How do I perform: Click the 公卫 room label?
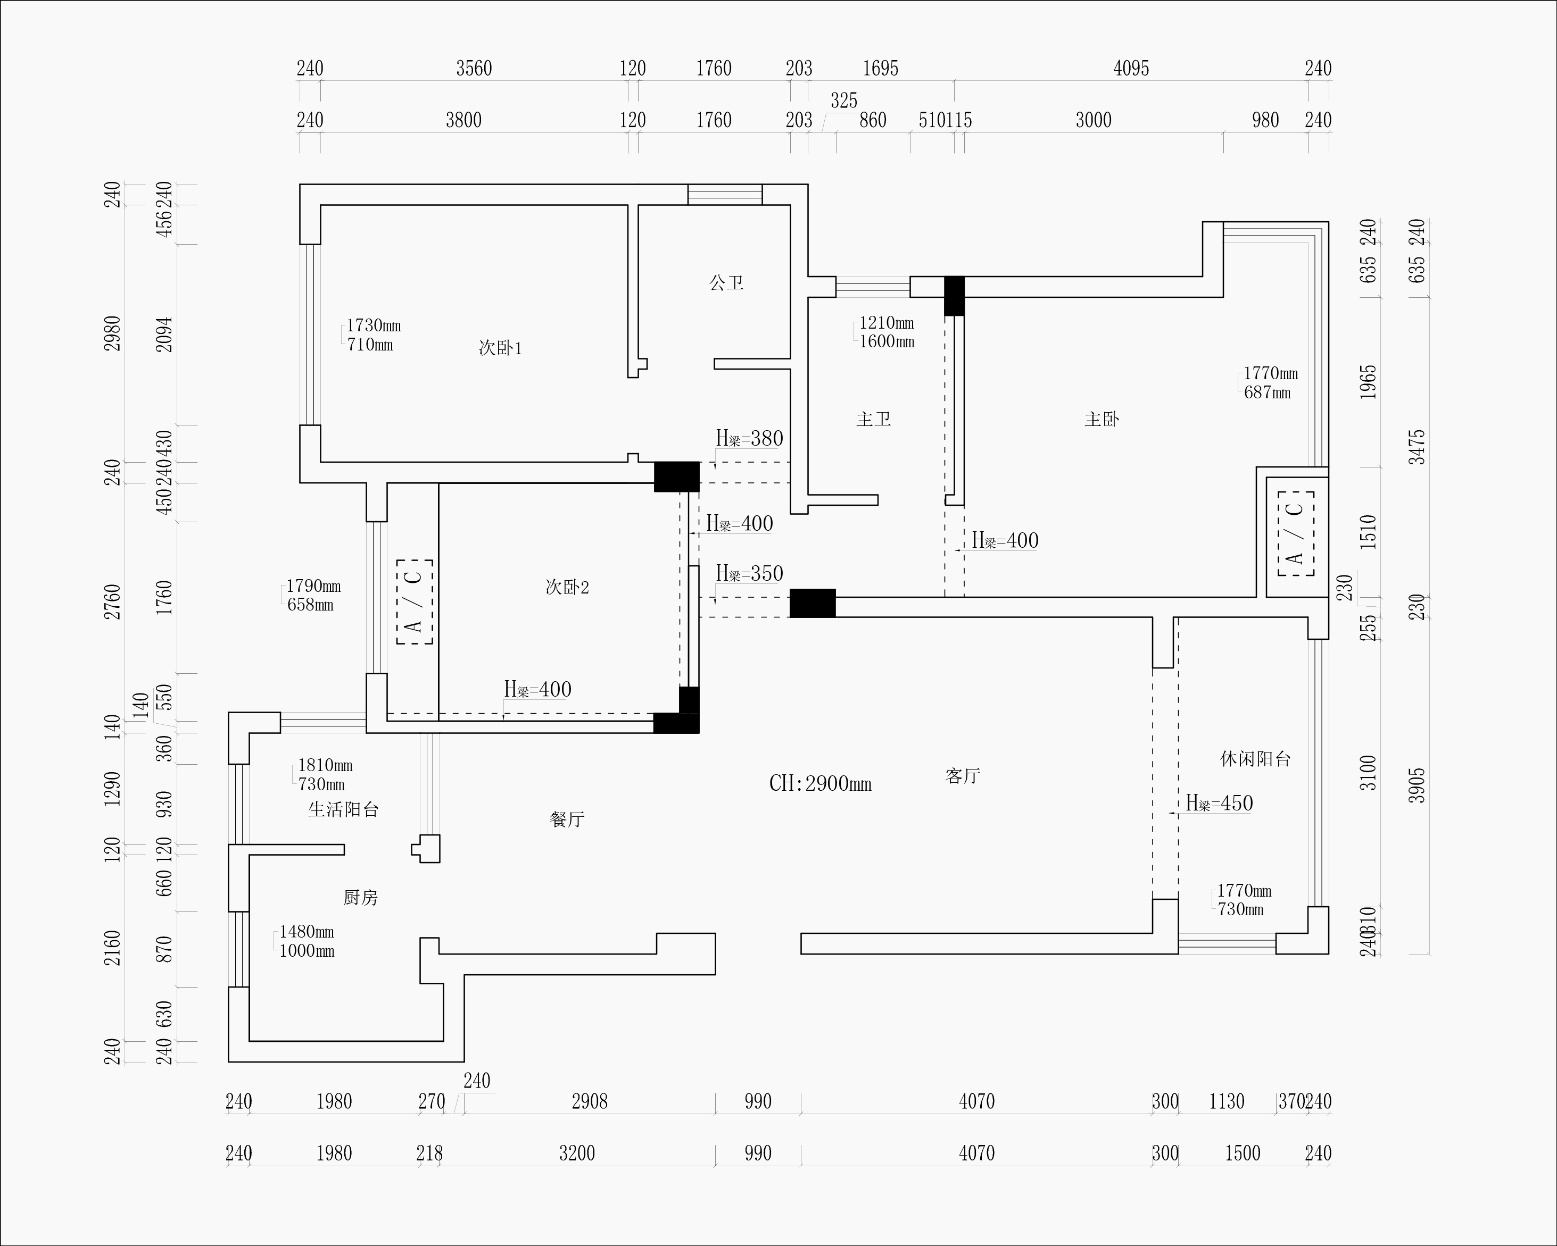pos(726,282)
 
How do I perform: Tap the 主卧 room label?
pos(1102,419)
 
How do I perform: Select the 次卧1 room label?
pos(500,348)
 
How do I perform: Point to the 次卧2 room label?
pos(567,587)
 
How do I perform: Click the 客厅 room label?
pos(963,776)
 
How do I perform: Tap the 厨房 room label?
pos(360,897)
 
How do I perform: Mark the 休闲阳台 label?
pos(1255,759)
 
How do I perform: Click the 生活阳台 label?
pos(343,809)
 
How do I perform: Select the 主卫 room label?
pos(873,419)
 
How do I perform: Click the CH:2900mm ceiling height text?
pos(821,784)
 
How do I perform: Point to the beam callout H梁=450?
pos(1219,804)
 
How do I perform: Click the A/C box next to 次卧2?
pos(415,601)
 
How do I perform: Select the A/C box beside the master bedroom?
pos(1296,533)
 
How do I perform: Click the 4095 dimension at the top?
pos(1131,69)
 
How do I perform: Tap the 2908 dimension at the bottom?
pos(589,1102)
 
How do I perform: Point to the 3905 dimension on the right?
pos(1417,785)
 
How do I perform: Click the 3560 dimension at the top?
pos(474,69)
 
